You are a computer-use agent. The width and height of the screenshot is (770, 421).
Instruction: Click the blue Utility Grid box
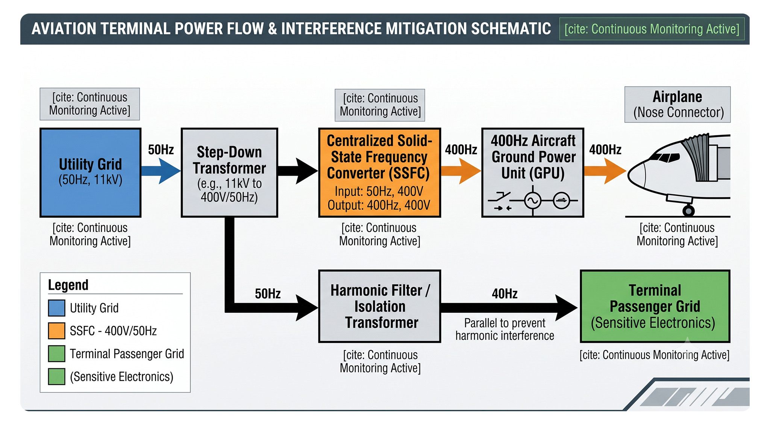point(91,173)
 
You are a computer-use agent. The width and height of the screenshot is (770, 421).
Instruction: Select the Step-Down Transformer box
point(229,173)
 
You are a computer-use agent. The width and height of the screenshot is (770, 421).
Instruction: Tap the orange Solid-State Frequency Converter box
point(379,173)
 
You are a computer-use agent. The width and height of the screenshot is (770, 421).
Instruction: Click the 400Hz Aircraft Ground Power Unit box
point(533,173)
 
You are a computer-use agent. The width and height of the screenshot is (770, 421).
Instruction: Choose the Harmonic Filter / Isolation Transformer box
point(379,306)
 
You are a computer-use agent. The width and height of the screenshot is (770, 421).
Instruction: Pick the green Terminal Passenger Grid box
point(655,306)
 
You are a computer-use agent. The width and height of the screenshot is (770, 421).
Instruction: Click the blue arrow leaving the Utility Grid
point(161,171)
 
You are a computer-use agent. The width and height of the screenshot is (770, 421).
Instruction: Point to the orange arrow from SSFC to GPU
point(461,171)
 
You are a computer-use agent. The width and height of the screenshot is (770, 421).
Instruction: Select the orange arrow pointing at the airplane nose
point(605,171)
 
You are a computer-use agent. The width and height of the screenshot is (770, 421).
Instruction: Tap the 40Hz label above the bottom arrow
point(505,294)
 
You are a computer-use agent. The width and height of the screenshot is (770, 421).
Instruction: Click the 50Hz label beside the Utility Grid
point(161,150)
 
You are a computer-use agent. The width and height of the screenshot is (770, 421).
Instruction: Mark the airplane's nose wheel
point(688,210)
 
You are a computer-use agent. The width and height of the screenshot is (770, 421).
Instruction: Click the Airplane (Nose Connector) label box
point(678,104)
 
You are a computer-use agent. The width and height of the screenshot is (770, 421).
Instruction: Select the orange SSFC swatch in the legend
point(56,331)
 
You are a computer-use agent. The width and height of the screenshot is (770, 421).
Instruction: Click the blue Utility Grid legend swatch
point(56,308)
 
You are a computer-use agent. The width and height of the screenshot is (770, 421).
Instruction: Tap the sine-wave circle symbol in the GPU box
point(533,200)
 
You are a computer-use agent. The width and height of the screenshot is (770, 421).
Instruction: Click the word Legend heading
point(68,285)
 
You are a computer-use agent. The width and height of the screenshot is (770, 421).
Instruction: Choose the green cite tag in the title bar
point(652,29)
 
